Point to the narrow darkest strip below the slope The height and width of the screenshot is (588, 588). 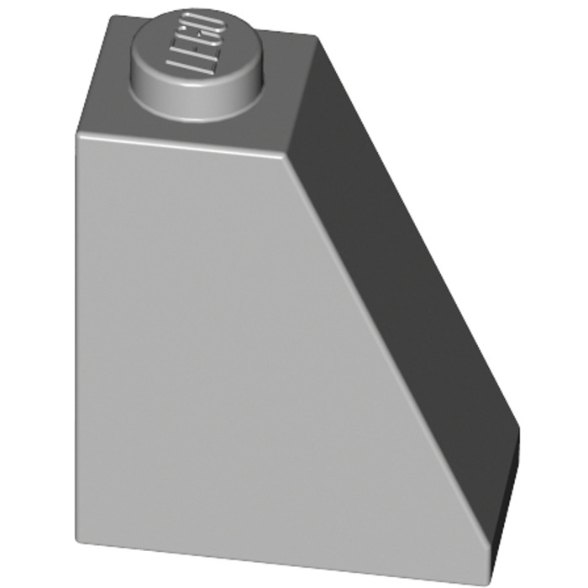point(504,504)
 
